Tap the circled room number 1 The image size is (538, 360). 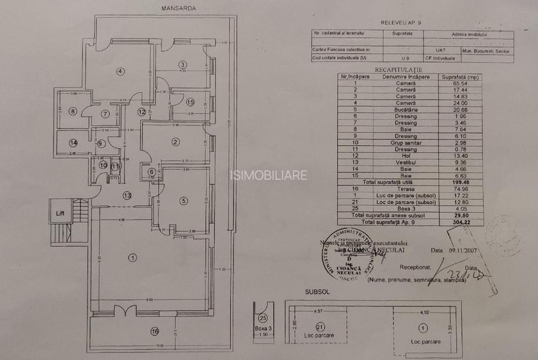click(132, 258)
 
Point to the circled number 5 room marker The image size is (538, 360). click(183, 201)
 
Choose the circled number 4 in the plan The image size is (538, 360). click(120, 70)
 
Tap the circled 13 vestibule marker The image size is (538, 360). click(127, 196)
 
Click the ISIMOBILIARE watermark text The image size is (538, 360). click(268, 175)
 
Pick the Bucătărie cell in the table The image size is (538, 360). click(406, 109)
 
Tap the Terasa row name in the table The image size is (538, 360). click(406, 189)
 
